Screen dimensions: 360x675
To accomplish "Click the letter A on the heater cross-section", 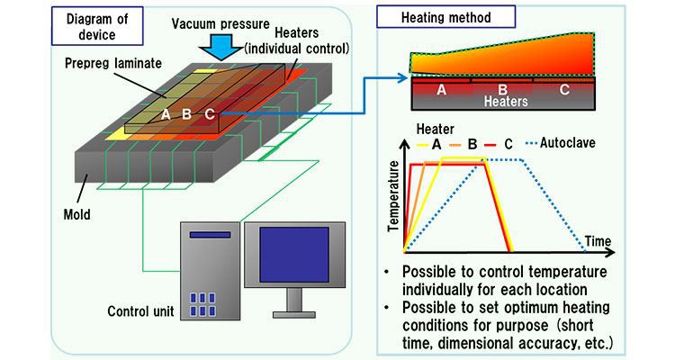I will point(441,89).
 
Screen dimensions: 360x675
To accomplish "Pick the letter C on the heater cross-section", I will point(563,89).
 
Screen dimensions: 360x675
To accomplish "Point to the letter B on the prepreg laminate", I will point(186,114).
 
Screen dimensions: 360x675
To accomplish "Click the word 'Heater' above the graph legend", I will point(432,129).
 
